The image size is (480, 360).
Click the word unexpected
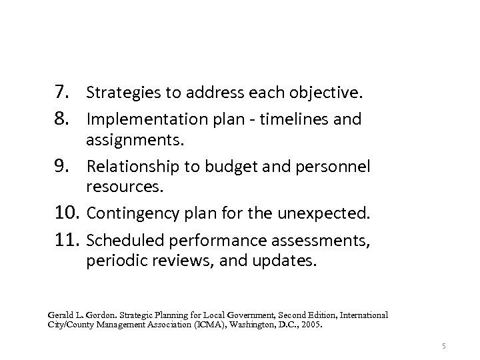[x=330, y=215]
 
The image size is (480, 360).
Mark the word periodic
[x=113, y=260]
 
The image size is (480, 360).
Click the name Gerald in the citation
[x=61, y=315]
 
